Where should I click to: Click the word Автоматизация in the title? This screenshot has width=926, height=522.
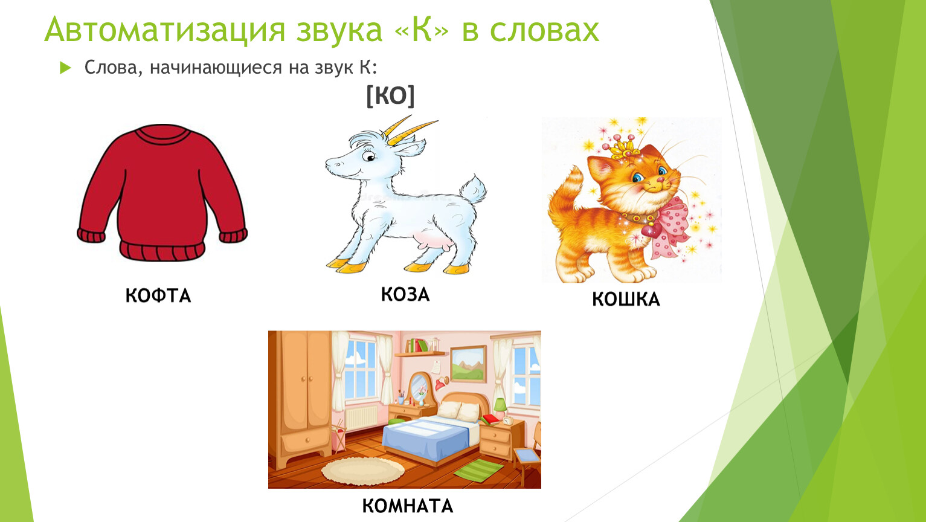pyautogui.click(x=164, y=30)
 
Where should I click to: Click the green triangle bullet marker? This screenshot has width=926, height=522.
pyautogui.click(x=65, y=68)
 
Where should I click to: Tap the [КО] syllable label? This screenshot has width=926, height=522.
pyautogui.click(x=390, y=95)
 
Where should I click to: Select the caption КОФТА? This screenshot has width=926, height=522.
pyautogui.click(x=158, y=296)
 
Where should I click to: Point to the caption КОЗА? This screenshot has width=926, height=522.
pyautogui.click(x=405, y=294)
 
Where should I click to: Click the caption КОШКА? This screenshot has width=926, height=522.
pyautogui.click(x=626, y=299)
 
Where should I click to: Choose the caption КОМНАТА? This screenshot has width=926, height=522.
pyautogui.click(x=408, y=506)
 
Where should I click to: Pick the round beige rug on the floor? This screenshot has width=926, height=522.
pyautogui.click(x=362, y=470)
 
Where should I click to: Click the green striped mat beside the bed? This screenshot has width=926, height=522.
pyautogui.click(x=479, y=470)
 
